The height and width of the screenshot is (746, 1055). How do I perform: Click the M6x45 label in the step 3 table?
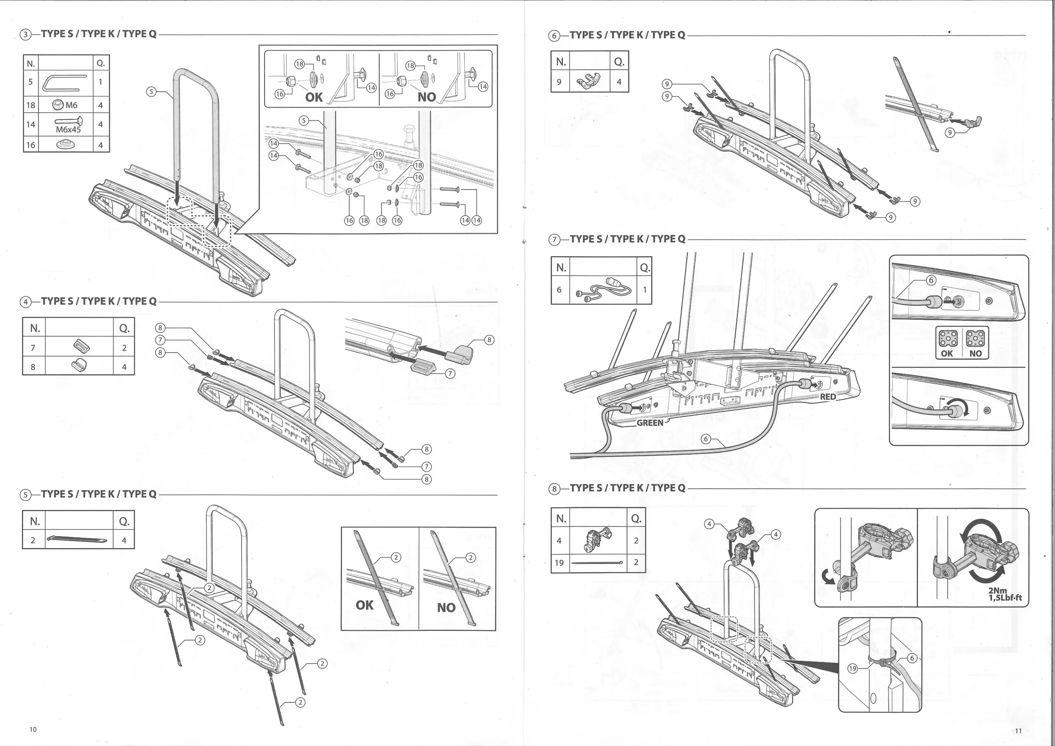[68, 129]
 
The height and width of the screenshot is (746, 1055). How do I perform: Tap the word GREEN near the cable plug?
[650, 422]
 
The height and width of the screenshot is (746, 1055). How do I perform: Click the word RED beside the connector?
[828, 396]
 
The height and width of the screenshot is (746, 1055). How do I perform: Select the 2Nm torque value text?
[998, 591]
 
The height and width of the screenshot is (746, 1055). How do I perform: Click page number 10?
[33, 729]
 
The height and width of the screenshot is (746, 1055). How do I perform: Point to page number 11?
[1018, 730]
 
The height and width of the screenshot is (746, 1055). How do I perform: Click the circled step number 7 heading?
[555, 239]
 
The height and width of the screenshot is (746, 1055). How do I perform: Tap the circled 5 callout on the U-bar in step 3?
[151, 91]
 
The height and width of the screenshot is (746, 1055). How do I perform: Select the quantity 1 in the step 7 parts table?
[645, 290]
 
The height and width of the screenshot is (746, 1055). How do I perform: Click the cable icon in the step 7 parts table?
[603, 290]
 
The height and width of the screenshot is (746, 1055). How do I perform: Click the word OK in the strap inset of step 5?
[364, 605]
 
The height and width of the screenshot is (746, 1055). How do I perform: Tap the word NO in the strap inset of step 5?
[446, 608]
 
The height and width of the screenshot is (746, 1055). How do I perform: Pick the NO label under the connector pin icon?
[975, 354]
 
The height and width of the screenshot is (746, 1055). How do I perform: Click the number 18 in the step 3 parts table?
[30, 105]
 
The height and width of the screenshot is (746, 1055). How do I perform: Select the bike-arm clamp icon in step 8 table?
[597, 540]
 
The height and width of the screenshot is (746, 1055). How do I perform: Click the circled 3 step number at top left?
[26, 35]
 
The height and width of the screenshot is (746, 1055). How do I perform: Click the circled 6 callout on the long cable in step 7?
[706, 439]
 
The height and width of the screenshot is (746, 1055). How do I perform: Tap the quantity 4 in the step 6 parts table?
[619, 82]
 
